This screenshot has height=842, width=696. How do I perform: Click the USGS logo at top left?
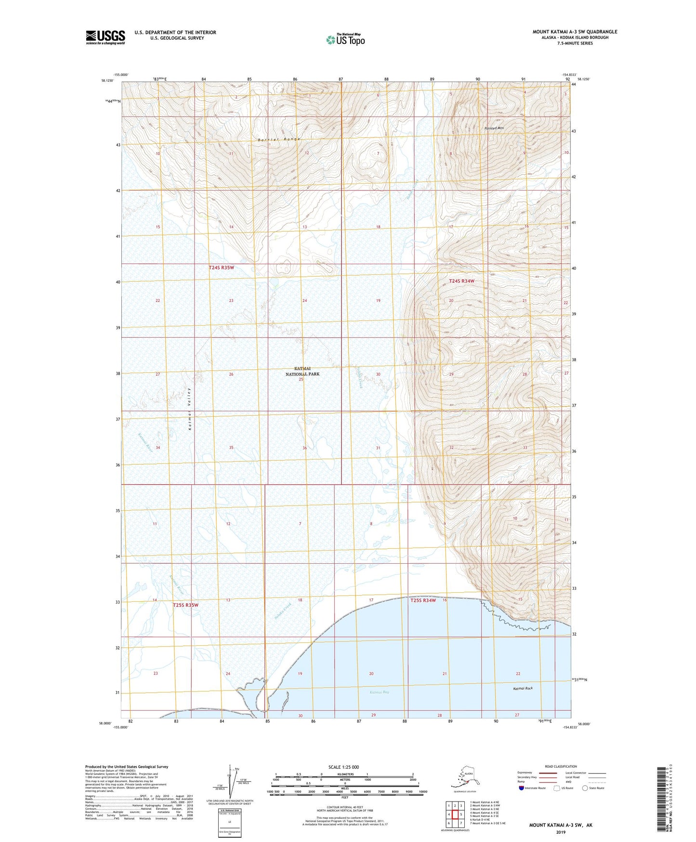click(105, 37)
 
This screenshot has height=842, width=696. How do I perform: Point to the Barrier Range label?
click(279, 139)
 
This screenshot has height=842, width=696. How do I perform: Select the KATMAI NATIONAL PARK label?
click(302, 371)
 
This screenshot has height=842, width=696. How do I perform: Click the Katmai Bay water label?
click(379, 692)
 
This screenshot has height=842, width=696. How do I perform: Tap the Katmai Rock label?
click(523, 689)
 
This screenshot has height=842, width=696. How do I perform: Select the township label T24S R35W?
click(221, 268)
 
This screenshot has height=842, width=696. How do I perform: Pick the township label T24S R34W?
click(461, 281)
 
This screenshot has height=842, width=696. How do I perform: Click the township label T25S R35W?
click(185, 605)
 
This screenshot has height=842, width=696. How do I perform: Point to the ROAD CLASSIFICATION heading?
click(561, 766)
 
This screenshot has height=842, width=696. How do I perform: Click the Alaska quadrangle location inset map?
click(465, 780)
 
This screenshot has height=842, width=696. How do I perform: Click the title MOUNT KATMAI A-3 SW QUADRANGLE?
click(574, 32)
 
